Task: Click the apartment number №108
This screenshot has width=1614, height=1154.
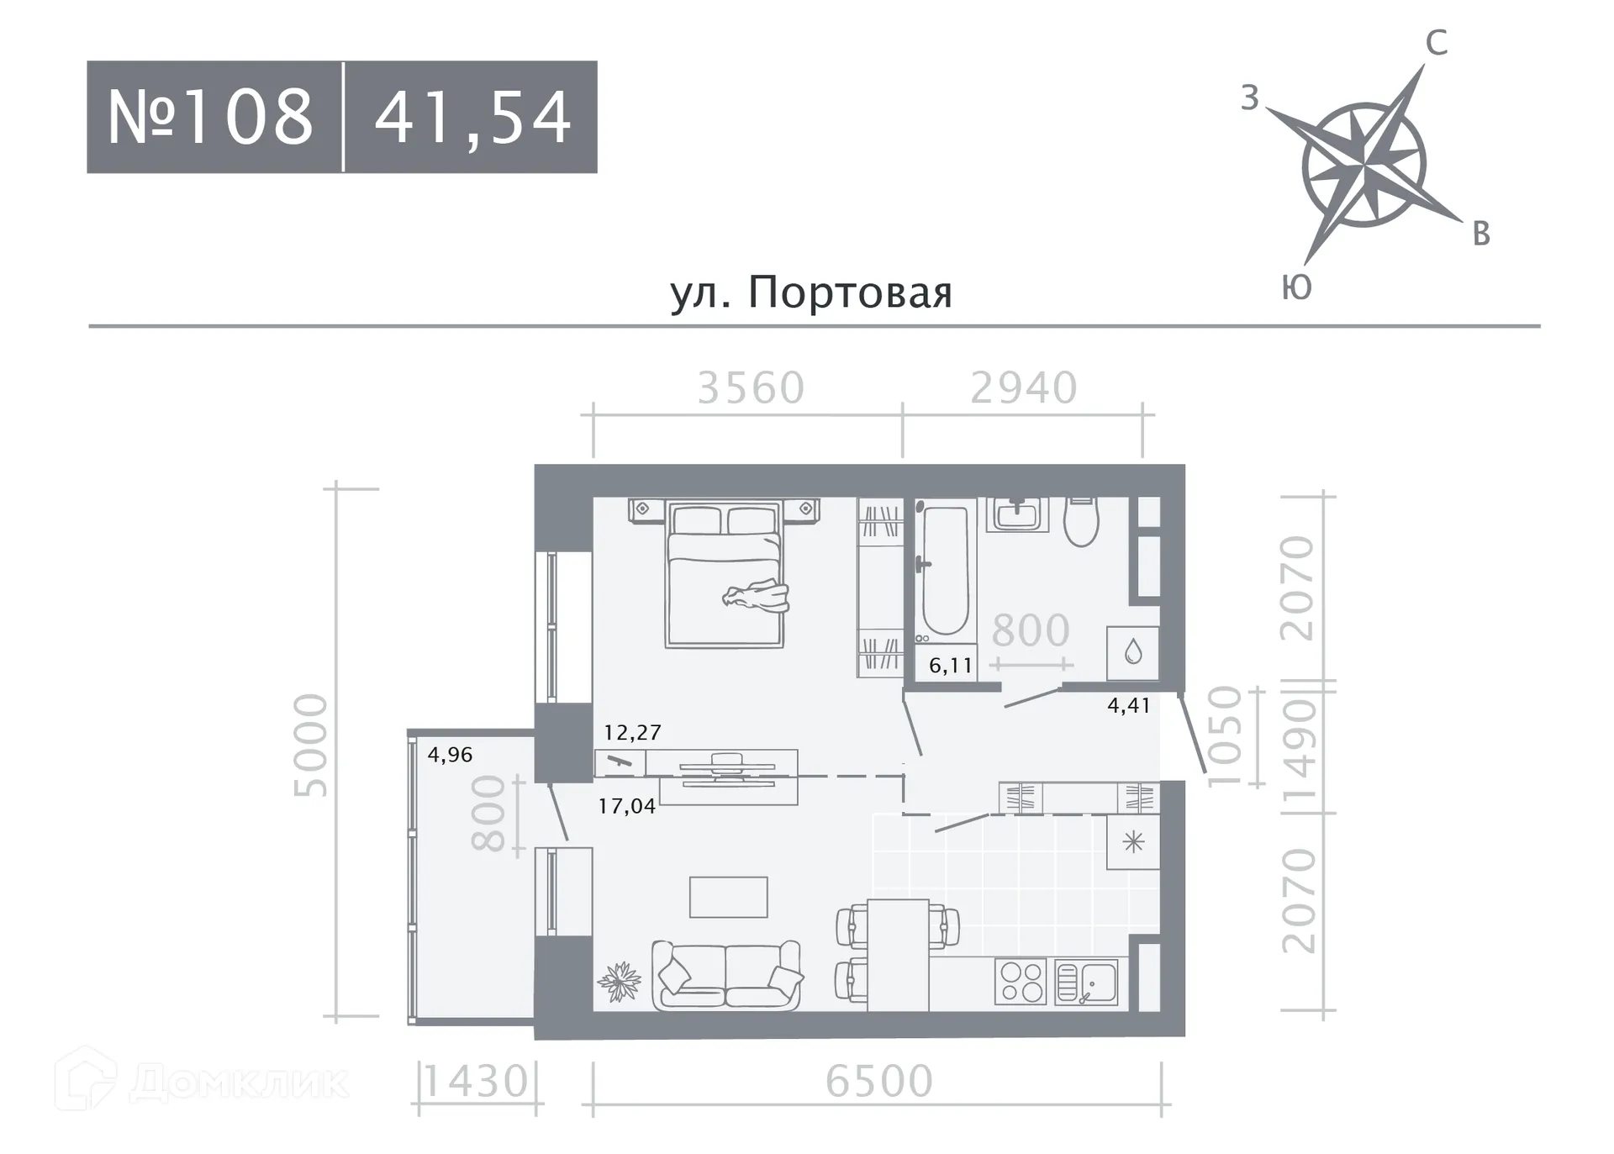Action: [210, 117]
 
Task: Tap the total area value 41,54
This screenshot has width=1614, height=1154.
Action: [472, 117]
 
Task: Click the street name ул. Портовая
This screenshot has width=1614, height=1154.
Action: [811, 292]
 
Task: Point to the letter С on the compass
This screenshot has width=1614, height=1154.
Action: [1436, 43]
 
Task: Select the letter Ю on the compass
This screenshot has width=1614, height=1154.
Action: [1296, 287]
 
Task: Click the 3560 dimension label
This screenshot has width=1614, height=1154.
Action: [751, 387]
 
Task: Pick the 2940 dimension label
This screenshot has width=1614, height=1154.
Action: [1023, 387]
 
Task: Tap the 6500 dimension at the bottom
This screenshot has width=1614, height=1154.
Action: [879, 1081]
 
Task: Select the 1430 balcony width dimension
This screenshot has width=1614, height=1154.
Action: [476, 1082]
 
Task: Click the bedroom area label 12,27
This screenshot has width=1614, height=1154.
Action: [632, 732]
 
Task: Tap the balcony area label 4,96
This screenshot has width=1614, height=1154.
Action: [450, 754]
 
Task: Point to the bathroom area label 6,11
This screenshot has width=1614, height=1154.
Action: [951, 666]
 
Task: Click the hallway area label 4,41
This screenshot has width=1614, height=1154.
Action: [1128, 705]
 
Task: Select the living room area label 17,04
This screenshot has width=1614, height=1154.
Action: [626, 806]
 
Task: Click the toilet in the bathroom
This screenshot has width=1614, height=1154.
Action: [1081, 521]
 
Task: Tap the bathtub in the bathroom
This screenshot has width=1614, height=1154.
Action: [944, 567]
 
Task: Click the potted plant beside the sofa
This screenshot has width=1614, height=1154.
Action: [620, 981]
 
